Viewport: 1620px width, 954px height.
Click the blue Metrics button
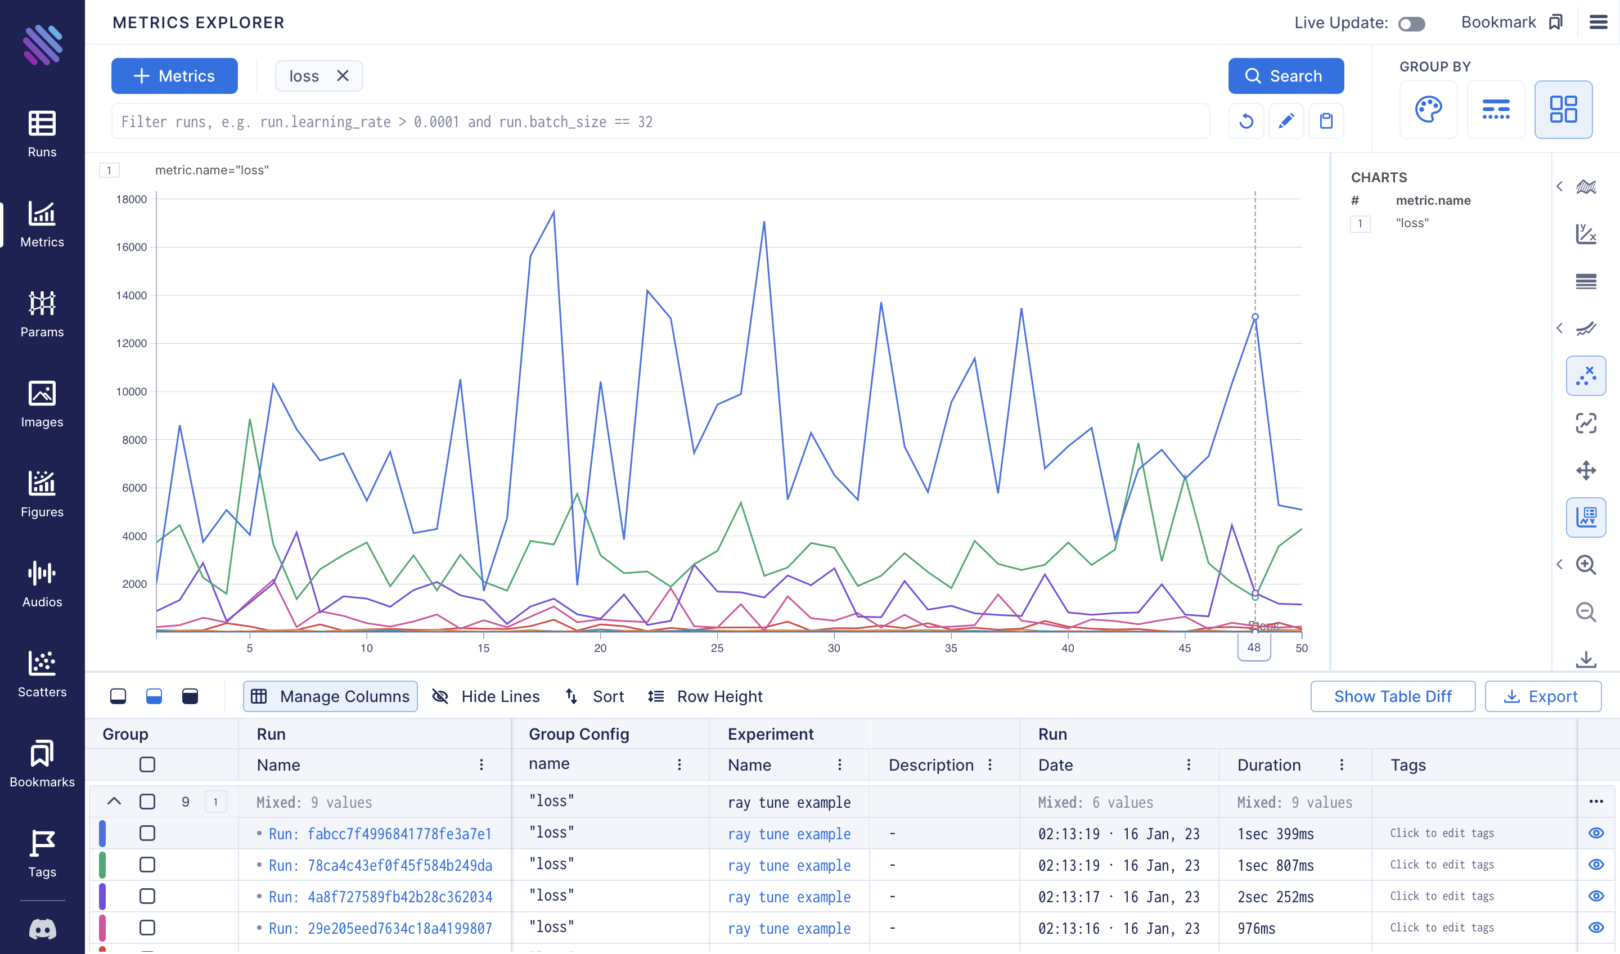[174, 76]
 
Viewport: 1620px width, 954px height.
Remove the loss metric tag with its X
[343, 76]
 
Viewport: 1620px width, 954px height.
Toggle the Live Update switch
[1412, 24]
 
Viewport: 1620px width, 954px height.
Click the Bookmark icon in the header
[1556, 22]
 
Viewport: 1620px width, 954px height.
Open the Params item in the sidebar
[42, 314]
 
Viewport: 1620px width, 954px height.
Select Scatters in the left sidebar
[42, 674]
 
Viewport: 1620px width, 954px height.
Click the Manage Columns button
[330, 696]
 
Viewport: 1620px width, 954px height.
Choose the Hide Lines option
[486, 696]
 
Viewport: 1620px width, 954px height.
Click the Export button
[1542, 696]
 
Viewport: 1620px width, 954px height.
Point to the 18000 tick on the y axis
[131, 199]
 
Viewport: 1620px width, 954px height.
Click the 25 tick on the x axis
[717, 648]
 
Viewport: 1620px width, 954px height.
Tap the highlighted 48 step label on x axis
[1254, 647]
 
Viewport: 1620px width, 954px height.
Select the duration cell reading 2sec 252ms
[1275, 897]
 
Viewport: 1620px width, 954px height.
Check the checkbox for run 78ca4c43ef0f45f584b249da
[147, 865]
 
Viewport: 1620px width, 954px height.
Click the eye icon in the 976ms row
[1596, 928]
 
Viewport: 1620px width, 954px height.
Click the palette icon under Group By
[1428, 109]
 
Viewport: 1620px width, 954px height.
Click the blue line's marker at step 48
[1255, 317]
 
